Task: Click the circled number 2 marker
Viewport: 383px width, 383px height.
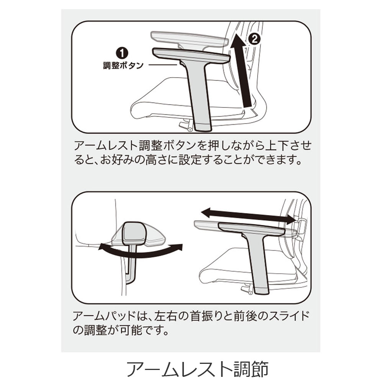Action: tap(254, 39)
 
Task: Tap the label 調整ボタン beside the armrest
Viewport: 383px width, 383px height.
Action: tap(123, 65)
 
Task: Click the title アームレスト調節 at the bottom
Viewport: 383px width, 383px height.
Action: tap(198, 369)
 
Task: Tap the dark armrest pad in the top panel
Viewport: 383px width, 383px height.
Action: tap(191, 55)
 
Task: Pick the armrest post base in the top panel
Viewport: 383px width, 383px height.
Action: tap(203, 127)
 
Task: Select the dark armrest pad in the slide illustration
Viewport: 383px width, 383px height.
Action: tap(252, 229)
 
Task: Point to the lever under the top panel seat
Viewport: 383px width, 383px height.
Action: tap(185, 125)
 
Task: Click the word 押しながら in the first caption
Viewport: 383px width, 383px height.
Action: tap(232, 146)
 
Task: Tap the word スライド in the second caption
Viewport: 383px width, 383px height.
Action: tap(289, 316)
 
